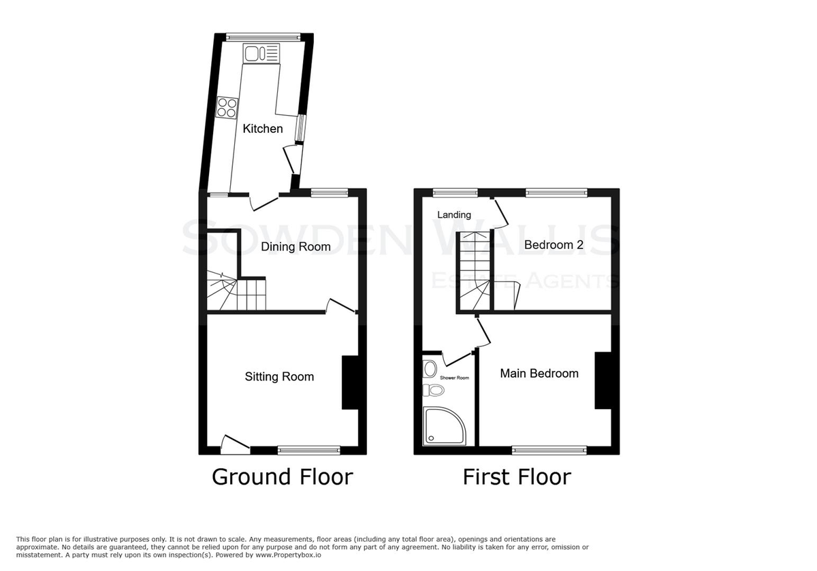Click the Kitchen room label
coord(263,129)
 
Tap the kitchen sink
coord(261,53)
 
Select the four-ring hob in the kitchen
coord(227,108)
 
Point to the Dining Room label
coord(295,247)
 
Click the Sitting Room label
coord(279,376)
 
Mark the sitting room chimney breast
coord(350,382)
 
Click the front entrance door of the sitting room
coord(236,445)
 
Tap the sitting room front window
coord(309,451)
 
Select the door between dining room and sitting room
coord(340,306)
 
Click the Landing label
coord(454,215)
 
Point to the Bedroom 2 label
coord(554,244)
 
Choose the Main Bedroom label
coord(539,374)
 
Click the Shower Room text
coord(455,378)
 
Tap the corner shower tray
coord(445,426)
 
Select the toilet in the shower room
coord(434,391)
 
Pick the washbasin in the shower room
coord(430,369)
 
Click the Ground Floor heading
coord(283,477)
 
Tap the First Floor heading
coord(517,477)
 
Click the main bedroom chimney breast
coord(603,380)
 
